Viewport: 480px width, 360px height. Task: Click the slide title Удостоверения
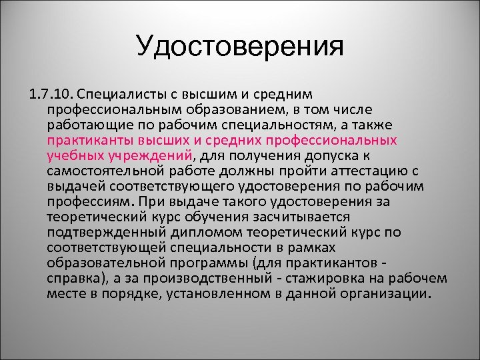tap(240, 46)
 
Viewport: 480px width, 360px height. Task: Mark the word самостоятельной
tap(103, 171)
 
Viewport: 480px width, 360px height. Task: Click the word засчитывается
tap(296, 217)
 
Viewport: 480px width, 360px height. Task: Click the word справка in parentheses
tap(73, 278)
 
